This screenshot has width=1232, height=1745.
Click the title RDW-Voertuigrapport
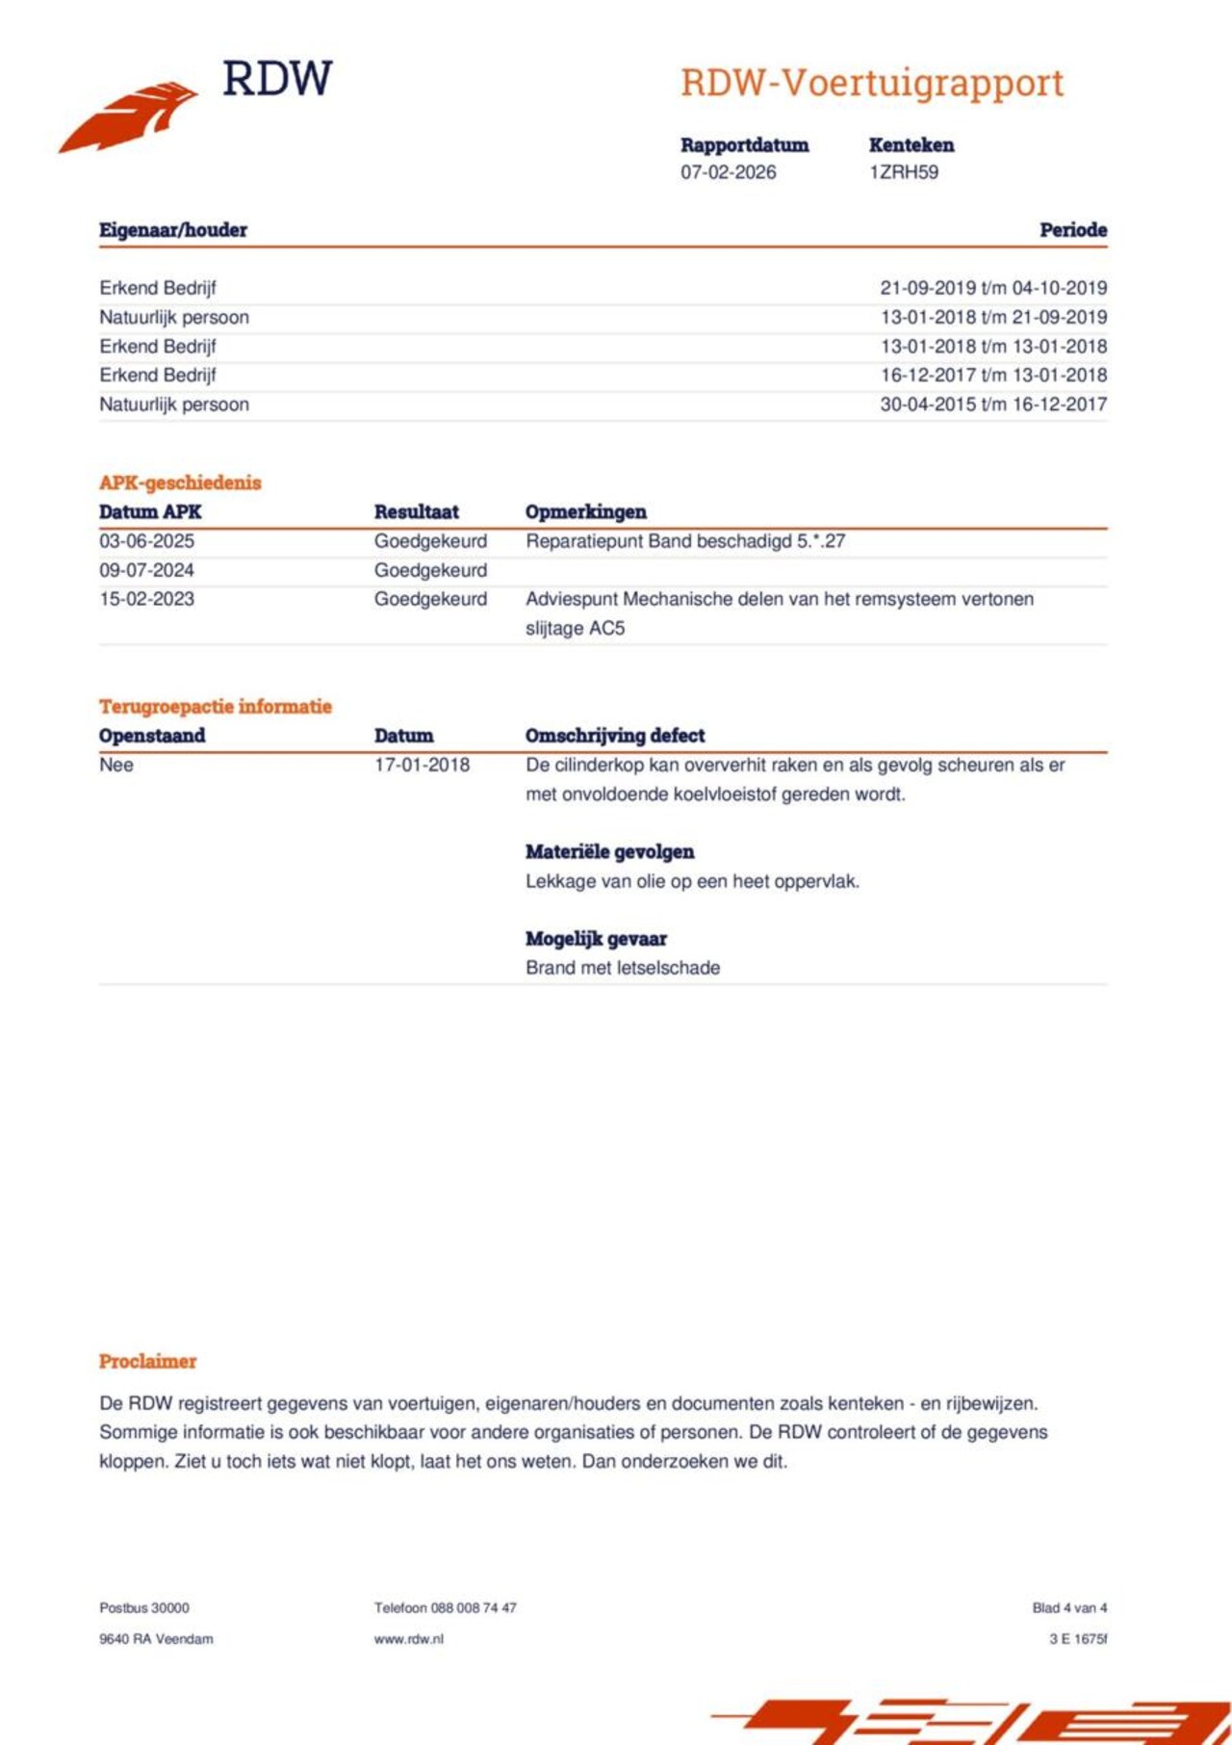(x=872, y=83)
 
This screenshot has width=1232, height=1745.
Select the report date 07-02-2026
(x=728, y=172)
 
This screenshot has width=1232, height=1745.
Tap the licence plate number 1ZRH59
(x=903, y=172)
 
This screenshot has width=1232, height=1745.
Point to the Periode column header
(x=1072, y=230)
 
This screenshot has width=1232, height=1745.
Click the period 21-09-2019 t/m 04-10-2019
(x=992, y=288)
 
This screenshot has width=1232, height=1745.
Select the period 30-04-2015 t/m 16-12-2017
(x=992, y=404)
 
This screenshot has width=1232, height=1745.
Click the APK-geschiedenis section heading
(x=180, y=482)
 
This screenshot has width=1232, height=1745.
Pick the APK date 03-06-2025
(x=146, y=541)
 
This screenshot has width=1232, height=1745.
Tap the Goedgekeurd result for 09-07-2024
(x=430, y=570)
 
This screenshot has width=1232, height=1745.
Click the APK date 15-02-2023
(x=146, y=599)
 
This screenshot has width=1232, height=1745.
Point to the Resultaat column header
(x=416, y=512)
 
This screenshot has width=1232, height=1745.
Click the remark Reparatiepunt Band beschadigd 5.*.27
(x=685, y=541)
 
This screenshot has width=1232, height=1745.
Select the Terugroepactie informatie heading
(x=215, y=707)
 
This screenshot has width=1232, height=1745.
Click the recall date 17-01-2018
(x=422, y=765)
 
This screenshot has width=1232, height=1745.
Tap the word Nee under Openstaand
(x=116, y=765)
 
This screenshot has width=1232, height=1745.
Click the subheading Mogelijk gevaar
(x=596, y=939)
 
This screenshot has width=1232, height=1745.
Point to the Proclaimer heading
(x=147, y=1362)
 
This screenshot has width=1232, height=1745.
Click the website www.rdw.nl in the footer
(x=408, y=1639)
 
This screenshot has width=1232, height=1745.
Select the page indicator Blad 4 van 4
(x=1069, y=1608)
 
